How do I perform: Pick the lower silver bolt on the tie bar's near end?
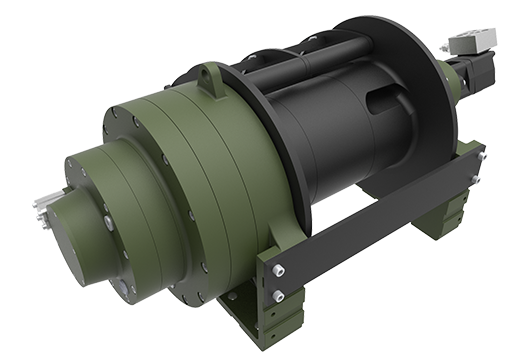pyautogui.click(x=279, y=296)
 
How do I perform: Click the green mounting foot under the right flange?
pyautogui.click(x=440, y=215)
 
